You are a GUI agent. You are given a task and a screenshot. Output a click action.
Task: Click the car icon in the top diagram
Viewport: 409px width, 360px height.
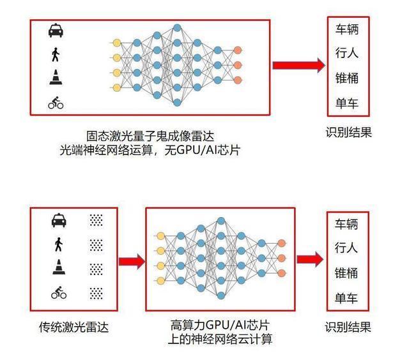click(56, 31)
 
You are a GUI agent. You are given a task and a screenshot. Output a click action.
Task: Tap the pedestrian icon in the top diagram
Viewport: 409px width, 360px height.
click(56, 54)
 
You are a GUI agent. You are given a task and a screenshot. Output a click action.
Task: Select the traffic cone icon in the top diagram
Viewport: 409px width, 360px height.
click(56, 77)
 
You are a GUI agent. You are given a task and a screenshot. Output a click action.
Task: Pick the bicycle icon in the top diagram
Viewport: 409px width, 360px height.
click(56, 103)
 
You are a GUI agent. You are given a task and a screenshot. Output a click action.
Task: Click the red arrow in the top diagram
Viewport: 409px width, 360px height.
click(299, 65)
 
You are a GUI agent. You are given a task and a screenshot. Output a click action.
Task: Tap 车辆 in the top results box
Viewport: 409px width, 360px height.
click(347, 29)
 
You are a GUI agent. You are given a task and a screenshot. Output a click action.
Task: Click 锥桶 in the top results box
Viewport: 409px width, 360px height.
click(347, 78)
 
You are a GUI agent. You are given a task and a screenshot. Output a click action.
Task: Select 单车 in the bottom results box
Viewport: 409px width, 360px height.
click(346, 298)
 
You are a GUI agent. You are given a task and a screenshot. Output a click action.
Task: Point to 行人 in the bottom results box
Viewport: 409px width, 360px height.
click(346, 248)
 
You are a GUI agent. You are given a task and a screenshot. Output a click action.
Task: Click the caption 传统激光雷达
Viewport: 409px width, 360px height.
click(74, 327)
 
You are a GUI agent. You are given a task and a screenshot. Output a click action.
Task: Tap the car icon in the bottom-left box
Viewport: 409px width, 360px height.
click(59, 220)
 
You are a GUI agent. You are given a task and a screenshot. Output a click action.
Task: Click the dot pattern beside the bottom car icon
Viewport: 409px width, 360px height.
click(96, 220)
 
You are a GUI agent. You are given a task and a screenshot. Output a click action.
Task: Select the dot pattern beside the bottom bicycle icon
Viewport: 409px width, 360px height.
click(96, 293)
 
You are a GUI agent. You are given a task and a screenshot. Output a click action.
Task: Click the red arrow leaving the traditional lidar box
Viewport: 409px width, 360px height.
click(132, 261)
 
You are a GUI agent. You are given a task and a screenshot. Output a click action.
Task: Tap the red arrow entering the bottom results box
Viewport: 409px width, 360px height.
click(310, 259)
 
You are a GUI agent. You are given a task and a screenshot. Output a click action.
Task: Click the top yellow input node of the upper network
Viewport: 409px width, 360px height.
click(117, 43)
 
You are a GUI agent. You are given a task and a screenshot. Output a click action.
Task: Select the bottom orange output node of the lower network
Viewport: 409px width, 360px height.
click(281, 273)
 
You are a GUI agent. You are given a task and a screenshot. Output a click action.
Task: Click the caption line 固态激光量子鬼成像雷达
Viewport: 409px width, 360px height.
click(150, 136)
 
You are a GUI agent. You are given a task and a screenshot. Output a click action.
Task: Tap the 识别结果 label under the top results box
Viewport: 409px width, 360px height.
click(348, 132)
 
